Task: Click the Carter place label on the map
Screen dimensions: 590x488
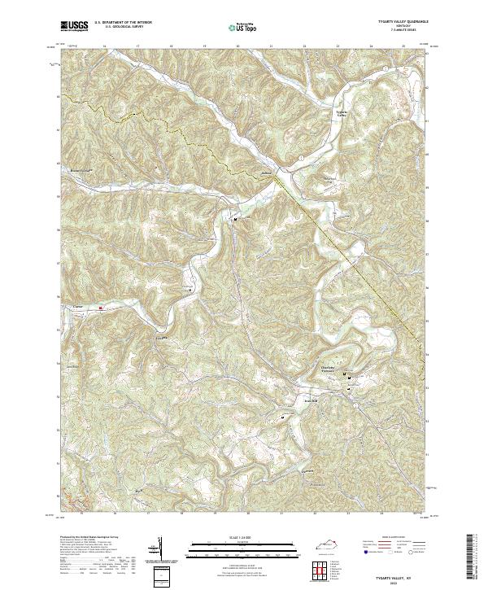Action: (79, 306)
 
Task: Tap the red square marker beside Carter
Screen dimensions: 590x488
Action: (101, 308)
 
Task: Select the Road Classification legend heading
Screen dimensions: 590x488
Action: (382, 538)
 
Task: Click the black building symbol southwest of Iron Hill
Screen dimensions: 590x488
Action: (283, 418)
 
